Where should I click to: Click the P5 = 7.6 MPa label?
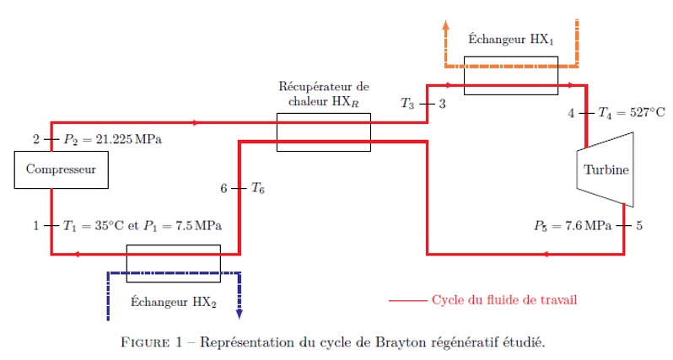pos(570,226)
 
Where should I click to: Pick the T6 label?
pos(258,188)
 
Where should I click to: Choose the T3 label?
pos(407,104)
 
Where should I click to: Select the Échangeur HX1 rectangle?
pos(510,73)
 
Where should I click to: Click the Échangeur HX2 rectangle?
pos(173,263)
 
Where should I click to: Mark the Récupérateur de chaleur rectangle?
pos(324,133)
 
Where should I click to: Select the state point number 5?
pos(640,226)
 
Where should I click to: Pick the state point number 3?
pos(442,104)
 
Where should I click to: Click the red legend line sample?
pos(407,299)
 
